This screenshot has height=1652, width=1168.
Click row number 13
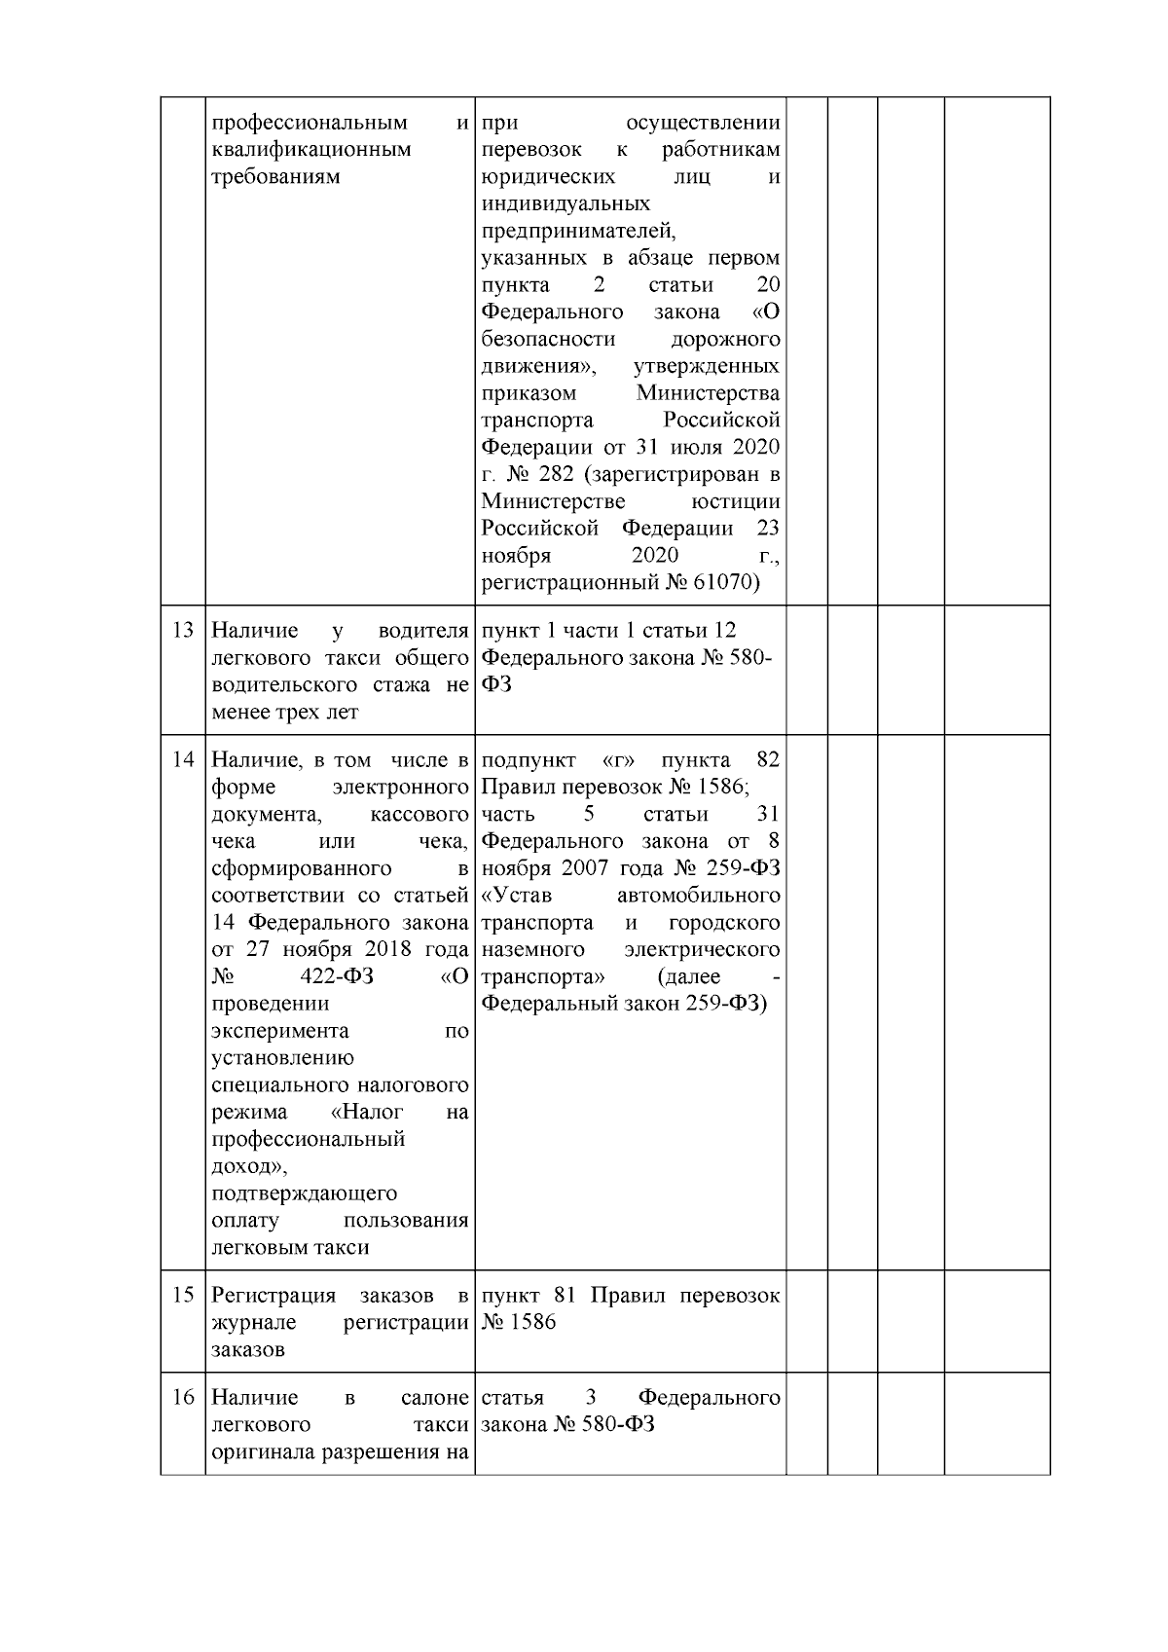(182, 630)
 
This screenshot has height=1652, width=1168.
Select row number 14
(182, 759)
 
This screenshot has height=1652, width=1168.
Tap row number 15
(182, 1296)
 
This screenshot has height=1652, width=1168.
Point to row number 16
(182, 1398)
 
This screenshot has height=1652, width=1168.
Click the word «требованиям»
(275, 177)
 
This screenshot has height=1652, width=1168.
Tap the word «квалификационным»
(310, 150)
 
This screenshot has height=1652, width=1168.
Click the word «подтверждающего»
(304, 1193)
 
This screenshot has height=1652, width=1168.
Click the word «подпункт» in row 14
(528, 759)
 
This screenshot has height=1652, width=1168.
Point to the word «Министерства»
(708, 393)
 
